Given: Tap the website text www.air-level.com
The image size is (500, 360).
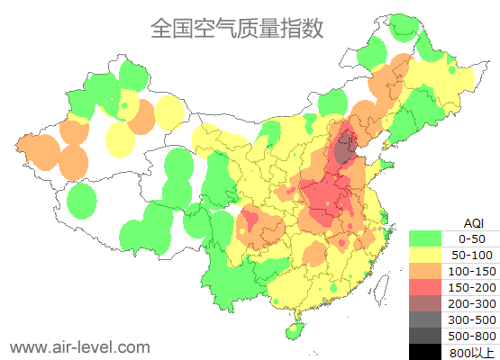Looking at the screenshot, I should [x=79, y=346].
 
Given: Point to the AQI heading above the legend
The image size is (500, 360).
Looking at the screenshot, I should [x=473, y=222].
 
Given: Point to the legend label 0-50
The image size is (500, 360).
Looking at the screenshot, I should [x=473, y=238].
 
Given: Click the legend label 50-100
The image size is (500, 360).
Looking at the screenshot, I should [x=473, y=255].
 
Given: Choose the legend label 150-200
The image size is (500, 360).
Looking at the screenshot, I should [x=473, y=287].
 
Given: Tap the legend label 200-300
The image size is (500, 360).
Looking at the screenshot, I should [x=473, y=303].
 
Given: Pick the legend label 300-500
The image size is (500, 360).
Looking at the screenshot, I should [x=473, y=319].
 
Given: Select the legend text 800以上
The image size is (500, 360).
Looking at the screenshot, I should [x=473, y=351].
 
